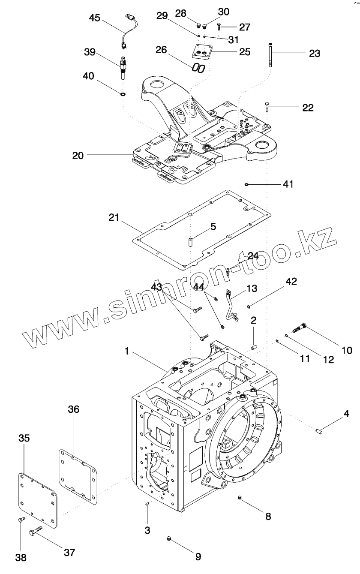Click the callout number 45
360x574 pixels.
pos(95,18)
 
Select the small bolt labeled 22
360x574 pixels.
pos(267,106)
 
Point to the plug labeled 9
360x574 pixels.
pos(169,538)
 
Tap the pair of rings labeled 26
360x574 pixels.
pos(198,68)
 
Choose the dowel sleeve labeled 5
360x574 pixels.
pos(189,240)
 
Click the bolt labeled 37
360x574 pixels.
pos(37,532)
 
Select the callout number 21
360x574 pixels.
pos(114,217)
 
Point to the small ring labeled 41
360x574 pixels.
pos(247,184)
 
